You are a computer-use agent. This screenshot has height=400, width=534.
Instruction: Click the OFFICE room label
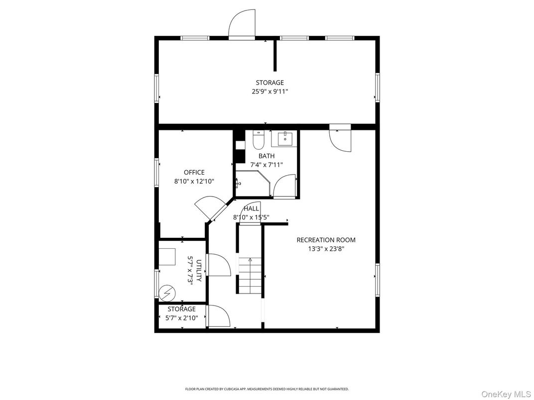click(x=194, y=173)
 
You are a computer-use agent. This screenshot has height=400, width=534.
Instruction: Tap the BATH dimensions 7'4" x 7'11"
click(x=266, y=165)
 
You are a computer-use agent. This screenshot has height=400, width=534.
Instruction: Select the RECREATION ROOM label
click(x=326, y=240)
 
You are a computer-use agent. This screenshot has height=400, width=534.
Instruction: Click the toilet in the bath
click(x=258, y=141)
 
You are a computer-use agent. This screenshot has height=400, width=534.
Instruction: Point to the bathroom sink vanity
click(x=284, y=139)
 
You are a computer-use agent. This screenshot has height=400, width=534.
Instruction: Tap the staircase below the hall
click(x=249, y=277)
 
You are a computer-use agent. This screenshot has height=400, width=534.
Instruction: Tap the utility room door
click(x=218, y=265)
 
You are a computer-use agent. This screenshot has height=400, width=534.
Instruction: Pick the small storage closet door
click(x=218, y=316)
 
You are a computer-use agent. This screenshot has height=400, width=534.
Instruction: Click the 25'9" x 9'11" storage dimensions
click(x=270, y=92)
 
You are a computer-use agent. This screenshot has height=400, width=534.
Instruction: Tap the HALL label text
click(x=251, y=208)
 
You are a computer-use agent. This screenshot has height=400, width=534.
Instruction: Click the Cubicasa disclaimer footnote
click(x=267, y=389)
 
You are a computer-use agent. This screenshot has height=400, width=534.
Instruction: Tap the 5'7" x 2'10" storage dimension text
click(x=182, y=318)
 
